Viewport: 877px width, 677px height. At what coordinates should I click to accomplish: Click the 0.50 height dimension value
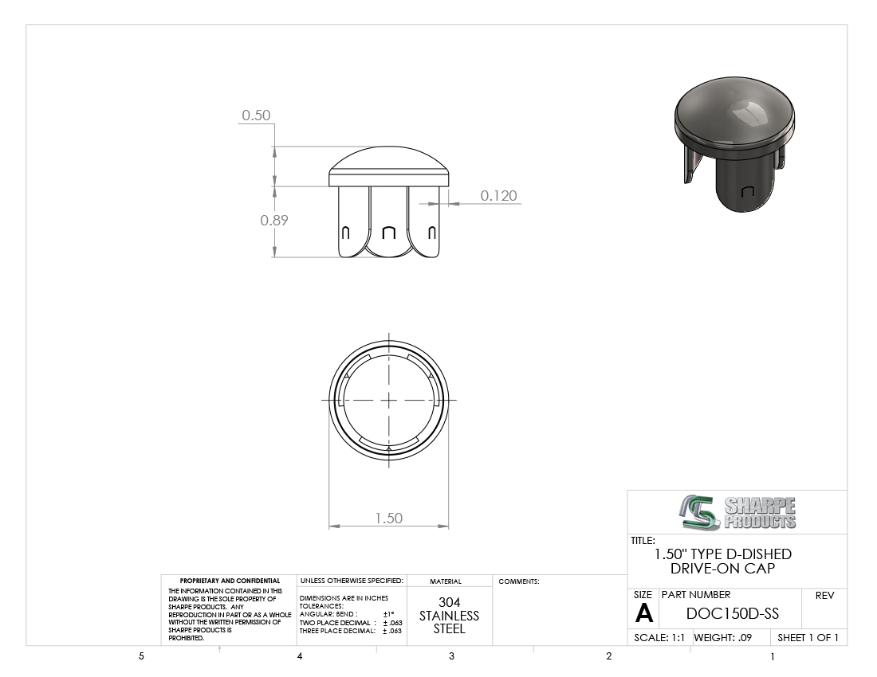(256, 115)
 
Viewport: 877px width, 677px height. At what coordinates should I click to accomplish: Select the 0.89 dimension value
(274, 220)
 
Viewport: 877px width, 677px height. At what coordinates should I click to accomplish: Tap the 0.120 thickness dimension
(499, 195)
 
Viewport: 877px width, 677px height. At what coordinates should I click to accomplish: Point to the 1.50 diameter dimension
(389, 519)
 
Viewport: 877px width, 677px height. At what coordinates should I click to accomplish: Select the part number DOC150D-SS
(732, 613)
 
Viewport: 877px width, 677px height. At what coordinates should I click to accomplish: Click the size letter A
(643, 614)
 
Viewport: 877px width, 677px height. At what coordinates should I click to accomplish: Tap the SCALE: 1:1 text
(659, 637)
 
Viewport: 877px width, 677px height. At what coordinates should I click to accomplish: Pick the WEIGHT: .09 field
(722, 637)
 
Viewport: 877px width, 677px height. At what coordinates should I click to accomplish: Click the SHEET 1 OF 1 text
(808, 637)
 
